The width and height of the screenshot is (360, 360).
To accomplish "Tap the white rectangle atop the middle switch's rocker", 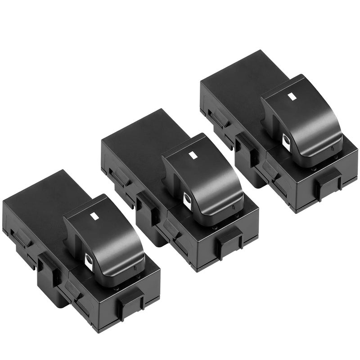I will pos(193,156).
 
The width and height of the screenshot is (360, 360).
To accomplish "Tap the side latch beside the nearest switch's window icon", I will pos(48,265).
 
